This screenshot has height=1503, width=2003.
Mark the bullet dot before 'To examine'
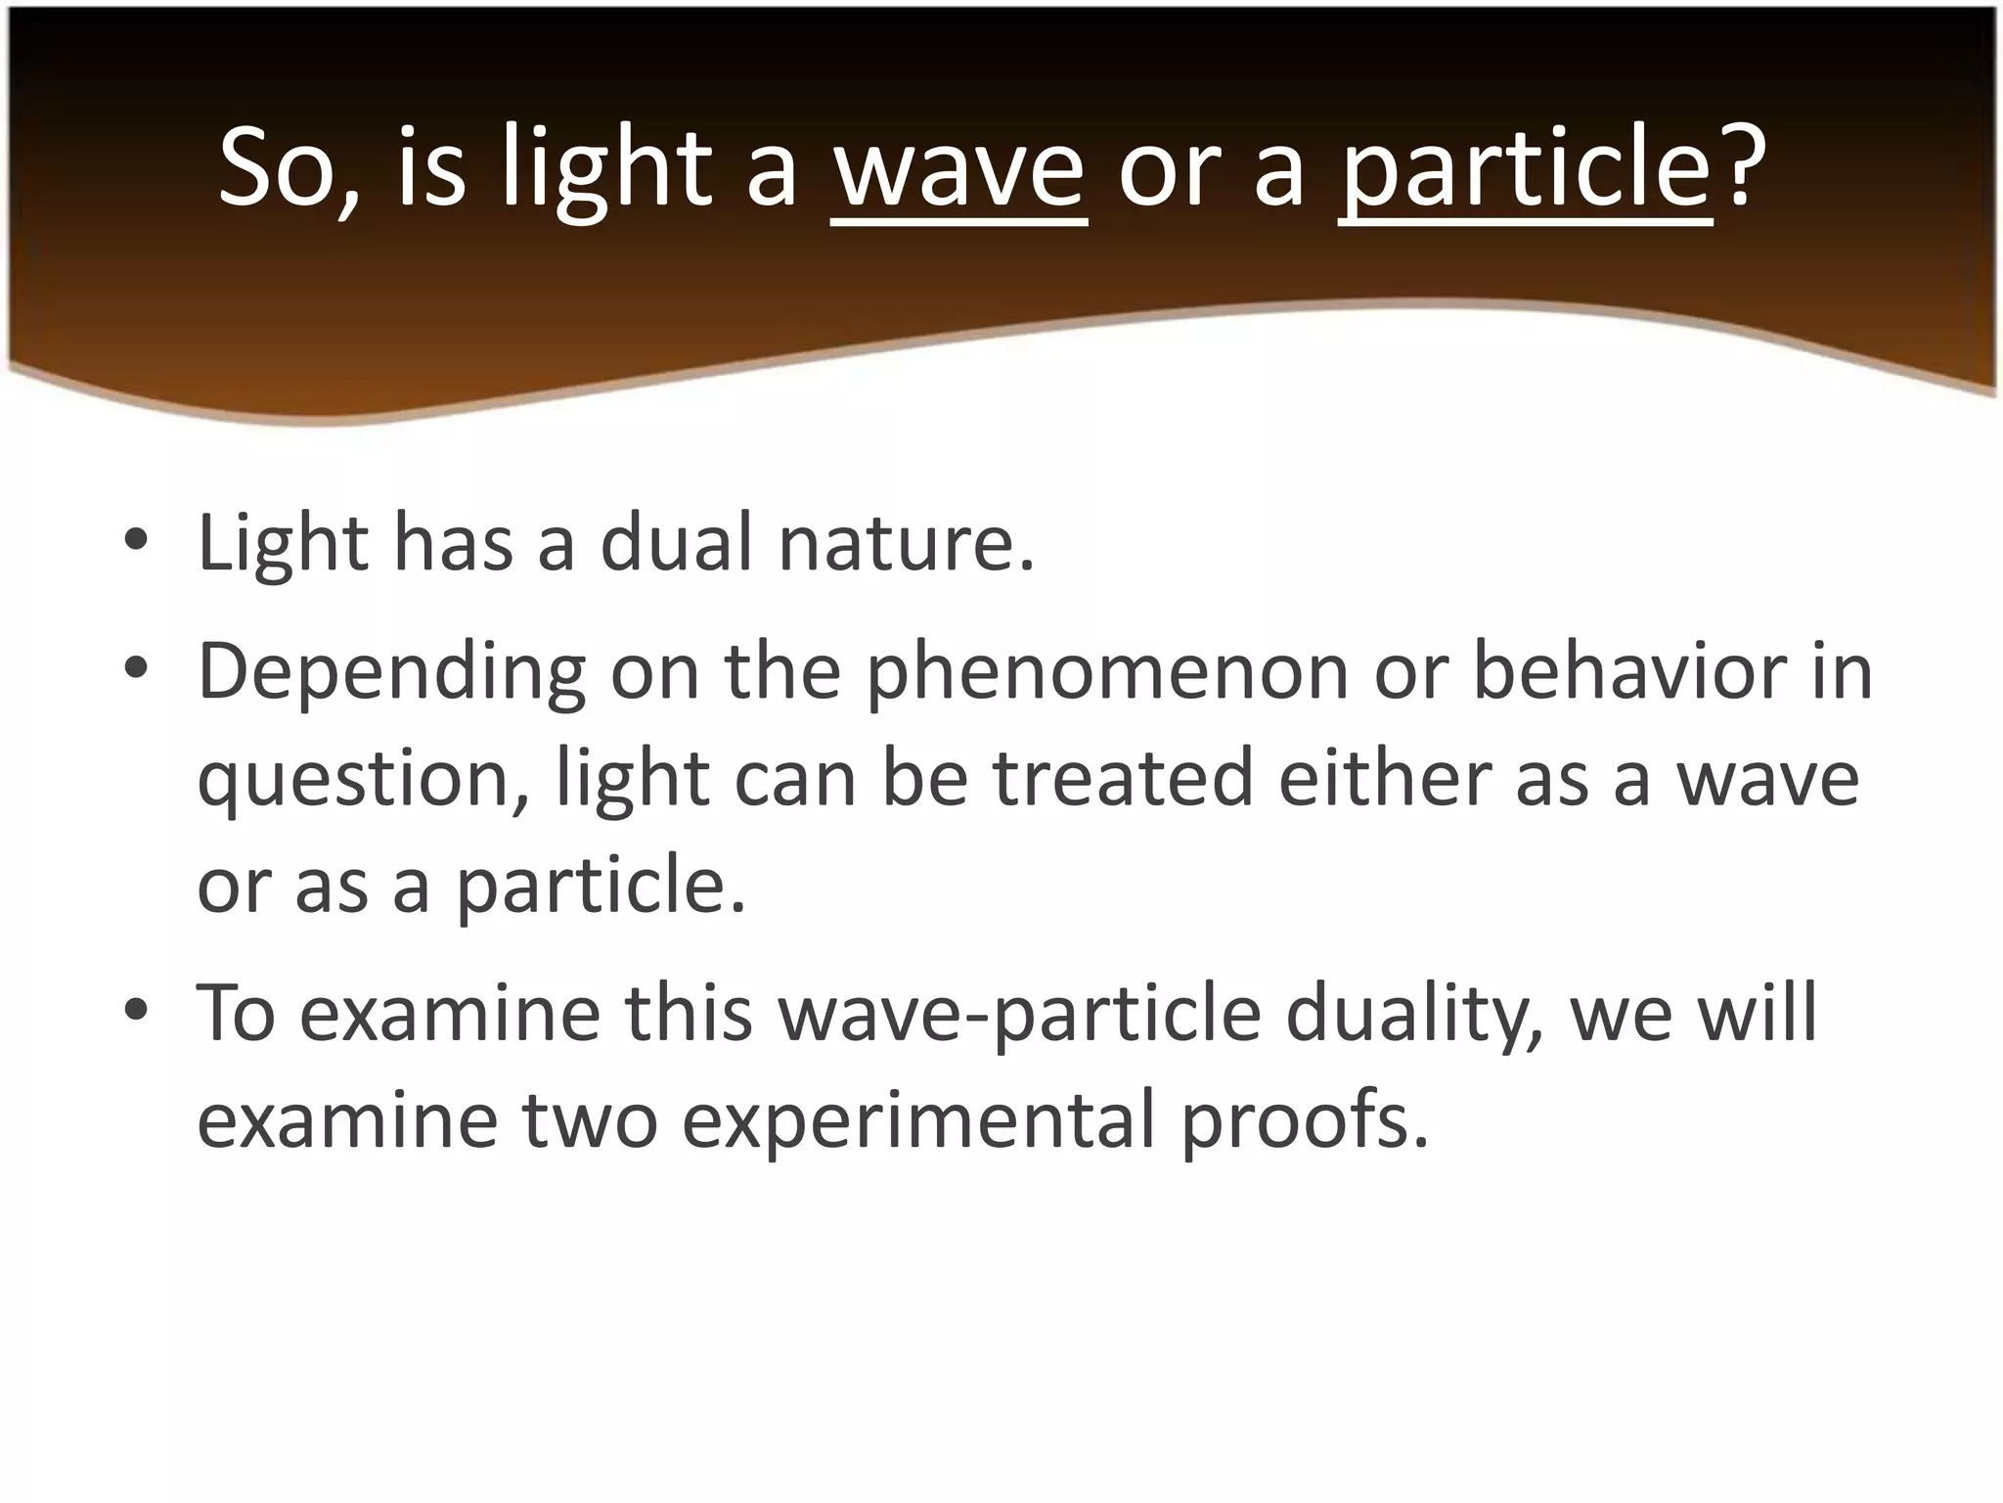pyautogui.click(x=136, y=1010)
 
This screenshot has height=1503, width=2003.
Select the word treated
pyautogui.click(x=1123, y=779)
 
